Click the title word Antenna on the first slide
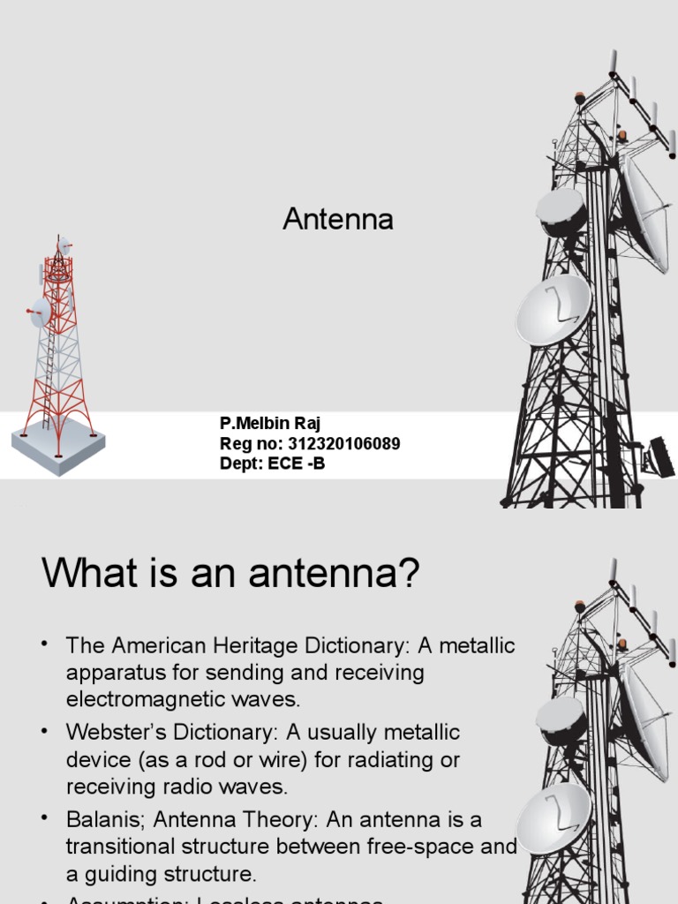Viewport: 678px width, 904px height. [338, 220]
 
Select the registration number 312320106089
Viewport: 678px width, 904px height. [341, 444]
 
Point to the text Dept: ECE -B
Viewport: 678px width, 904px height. [272, 463]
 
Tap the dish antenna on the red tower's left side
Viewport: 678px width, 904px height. [40, 311]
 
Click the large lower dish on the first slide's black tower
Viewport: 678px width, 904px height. [553, 309]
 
